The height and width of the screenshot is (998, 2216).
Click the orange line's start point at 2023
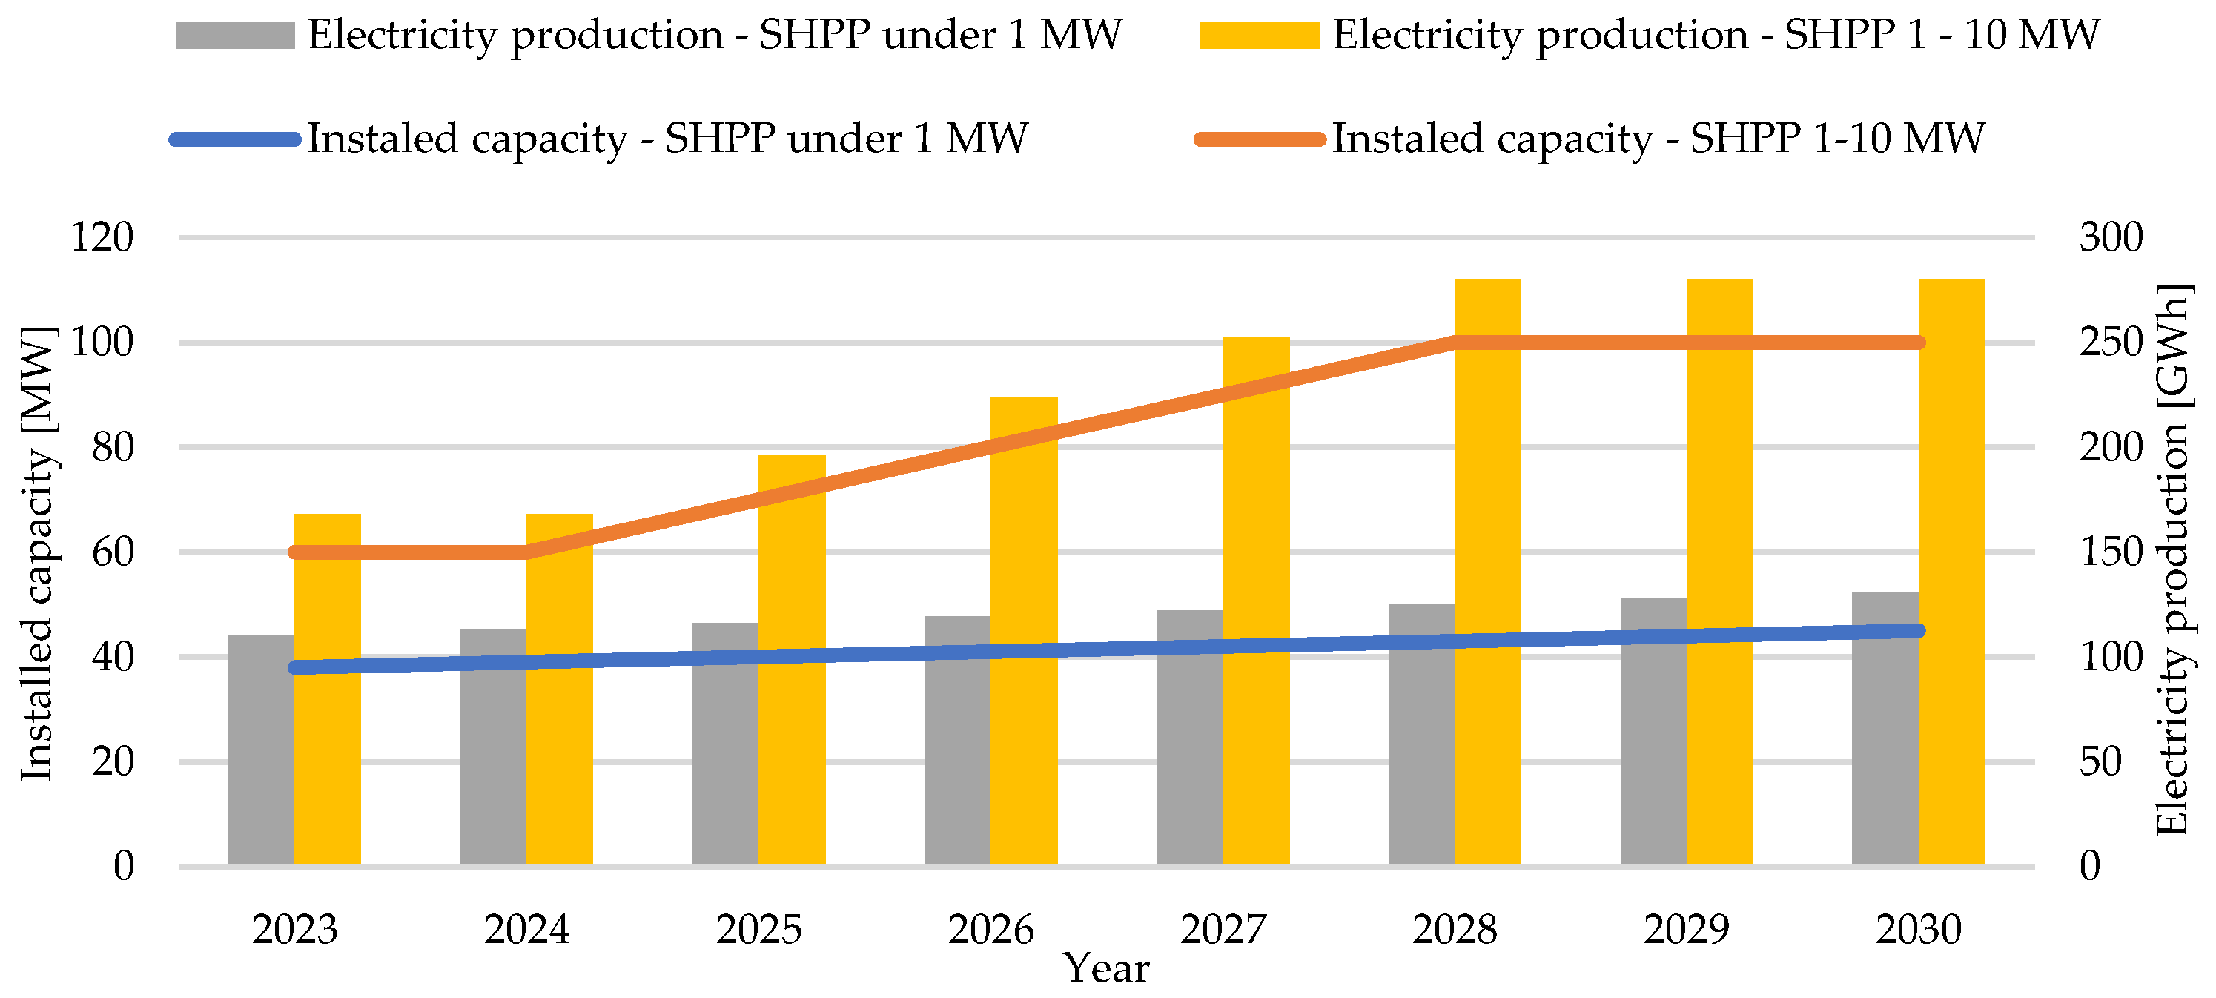(295, 552)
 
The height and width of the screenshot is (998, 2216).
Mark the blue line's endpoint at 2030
(1919, 631)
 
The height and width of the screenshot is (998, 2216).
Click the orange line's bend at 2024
(526, 552)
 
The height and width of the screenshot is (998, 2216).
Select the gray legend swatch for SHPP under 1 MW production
(235, 36)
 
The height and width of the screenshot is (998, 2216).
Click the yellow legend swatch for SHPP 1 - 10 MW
(1260, 36)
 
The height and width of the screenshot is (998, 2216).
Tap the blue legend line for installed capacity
(235, 139)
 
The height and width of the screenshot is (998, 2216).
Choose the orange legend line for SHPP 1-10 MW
(1260, 139)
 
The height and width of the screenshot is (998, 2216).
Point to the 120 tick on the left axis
(102, 237)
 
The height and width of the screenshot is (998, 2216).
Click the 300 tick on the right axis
(2111, 237)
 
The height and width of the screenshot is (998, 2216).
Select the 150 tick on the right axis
(2111, 552)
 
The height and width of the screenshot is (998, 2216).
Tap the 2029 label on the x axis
(1686, 930)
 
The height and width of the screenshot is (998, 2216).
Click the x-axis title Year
(1106, 970)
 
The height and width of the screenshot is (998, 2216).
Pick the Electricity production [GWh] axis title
(2174, 559)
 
